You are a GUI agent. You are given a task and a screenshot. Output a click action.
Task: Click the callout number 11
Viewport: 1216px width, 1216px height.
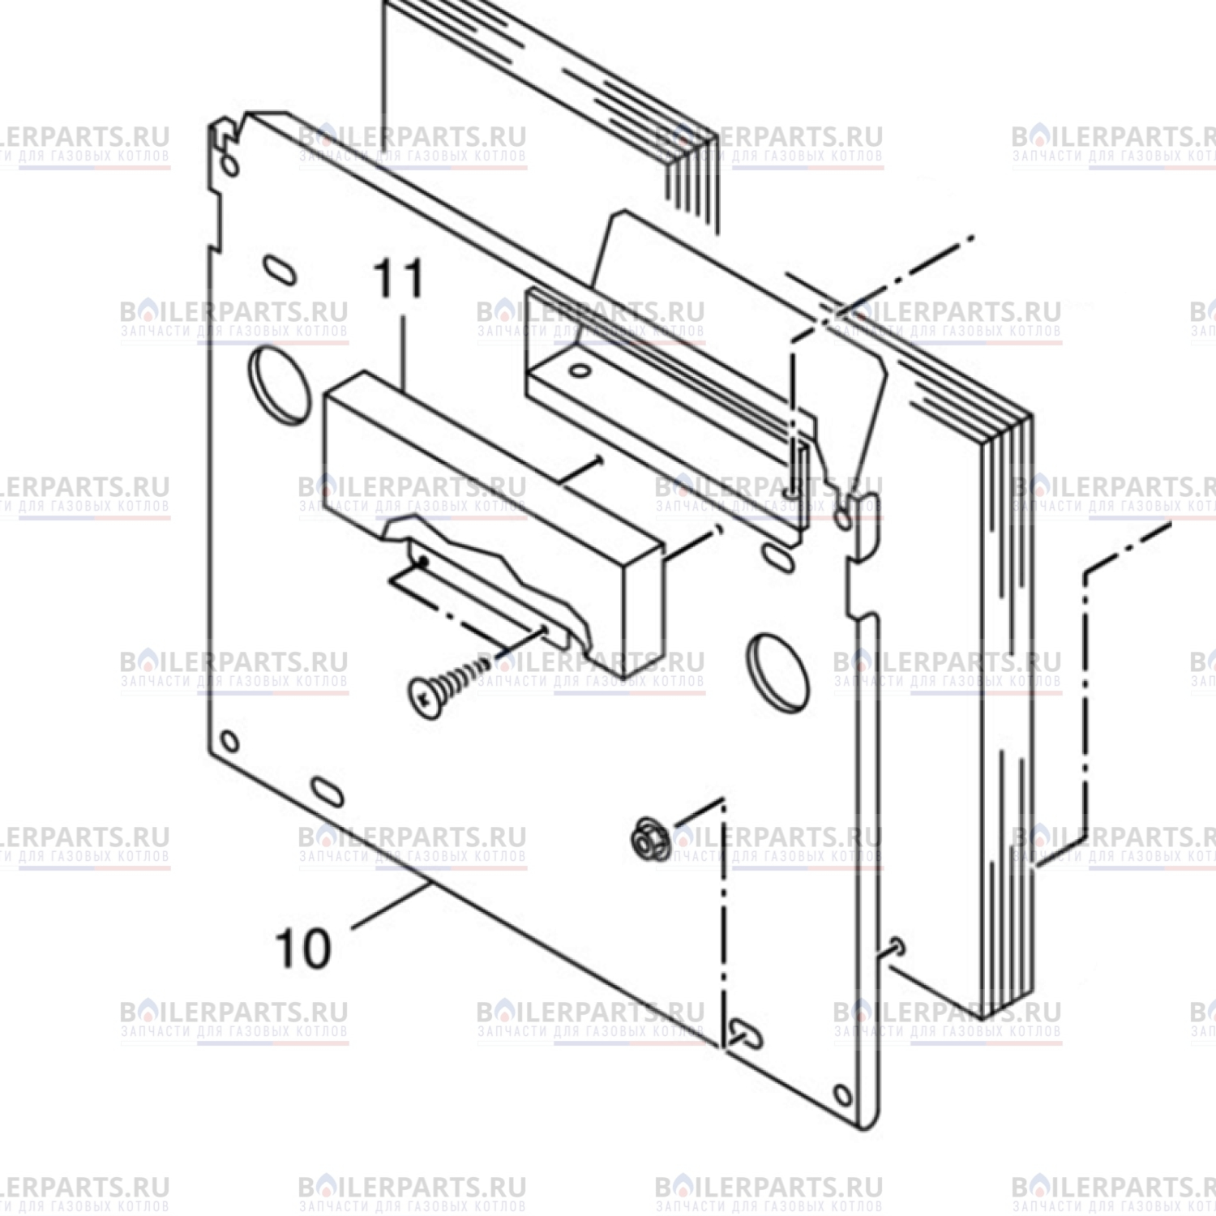click(x=399, y=280)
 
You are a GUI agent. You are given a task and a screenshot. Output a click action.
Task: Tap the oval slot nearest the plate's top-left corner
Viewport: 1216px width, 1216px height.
click(x=279, y=271)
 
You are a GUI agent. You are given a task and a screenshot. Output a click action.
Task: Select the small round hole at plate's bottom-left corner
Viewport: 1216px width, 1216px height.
click(x=229, y=742)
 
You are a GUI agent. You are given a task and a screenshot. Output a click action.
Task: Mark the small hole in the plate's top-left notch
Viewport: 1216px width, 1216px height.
click(x=229, y=166)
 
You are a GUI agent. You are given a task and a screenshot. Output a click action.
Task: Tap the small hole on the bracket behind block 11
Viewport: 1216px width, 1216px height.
click(x=579, y=371)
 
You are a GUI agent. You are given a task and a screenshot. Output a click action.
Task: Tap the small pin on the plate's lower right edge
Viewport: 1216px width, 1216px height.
click(x=894, y=945)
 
